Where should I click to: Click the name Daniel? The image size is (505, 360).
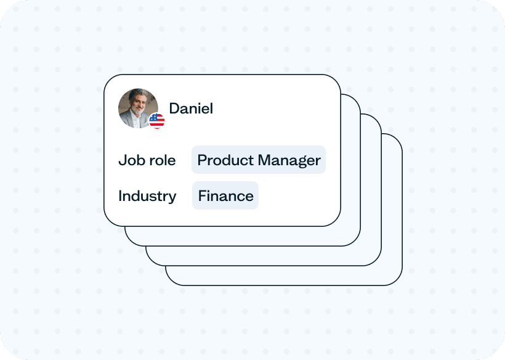pos(191,108)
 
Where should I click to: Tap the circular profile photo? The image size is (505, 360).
pos(138,108)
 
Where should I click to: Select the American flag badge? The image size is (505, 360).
pos(157,121)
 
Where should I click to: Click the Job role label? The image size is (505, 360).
pos(147,160)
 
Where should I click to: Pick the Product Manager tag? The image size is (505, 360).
pos(259,160)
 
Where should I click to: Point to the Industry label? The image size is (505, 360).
pos(148,196)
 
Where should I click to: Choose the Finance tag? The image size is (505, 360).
pos(225,195)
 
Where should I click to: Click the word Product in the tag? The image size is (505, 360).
pos(225,160)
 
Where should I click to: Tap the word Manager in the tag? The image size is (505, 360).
pos(289,161)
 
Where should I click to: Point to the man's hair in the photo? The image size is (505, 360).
pos(139,93)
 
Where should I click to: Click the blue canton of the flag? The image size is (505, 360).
pos(153,117)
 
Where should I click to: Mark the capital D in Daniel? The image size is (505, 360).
pos(174,108)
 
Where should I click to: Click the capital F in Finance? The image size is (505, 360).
pos(202,196)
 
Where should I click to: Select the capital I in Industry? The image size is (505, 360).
pos(120,196)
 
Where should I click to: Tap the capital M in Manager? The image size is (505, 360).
pos(264,160)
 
